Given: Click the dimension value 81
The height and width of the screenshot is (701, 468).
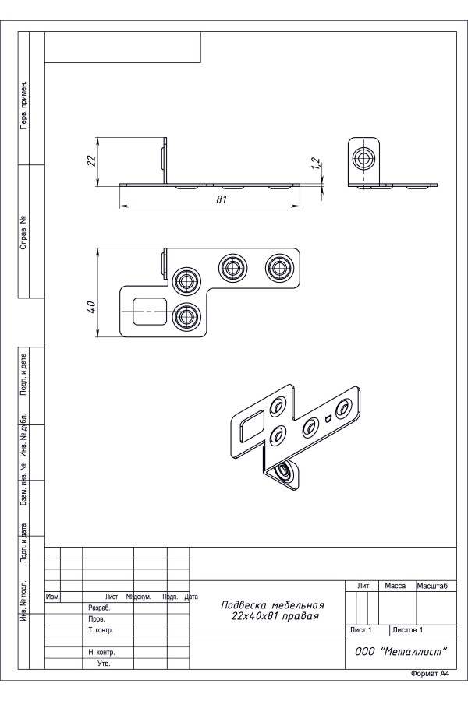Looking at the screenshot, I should tap(221, 199).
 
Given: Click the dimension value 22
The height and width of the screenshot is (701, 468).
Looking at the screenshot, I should tap(90, 160).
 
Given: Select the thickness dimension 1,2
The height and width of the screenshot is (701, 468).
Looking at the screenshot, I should tap(315, 164).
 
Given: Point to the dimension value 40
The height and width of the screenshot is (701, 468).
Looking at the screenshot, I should tap(90, 305).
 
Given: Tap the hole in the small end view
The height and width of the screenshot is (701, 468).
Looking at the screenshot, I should tap(363, 158).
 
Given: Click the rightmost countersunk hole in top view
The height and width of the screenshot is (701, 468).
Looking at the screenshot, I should tap(279, 267).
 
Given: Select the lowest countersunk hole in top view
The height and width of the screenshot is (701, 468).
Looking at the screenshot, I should tap(185, 315).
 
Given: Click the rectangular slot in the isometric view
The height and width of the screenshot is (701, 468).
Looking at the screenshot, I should tap(251, 424).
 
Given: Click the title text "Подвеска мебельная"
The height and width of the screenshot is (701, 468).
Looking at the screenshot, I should tap(272, 604).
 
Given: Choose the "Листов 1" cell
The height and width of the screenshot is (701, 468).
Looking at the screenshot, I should tap(407, 629).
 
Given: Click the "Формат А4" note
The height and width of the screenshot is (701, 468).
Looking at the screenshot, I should tap(430, 674).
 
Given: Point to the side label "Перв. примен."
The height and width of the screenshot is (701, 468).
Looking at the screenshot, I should tap(23, 104).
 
